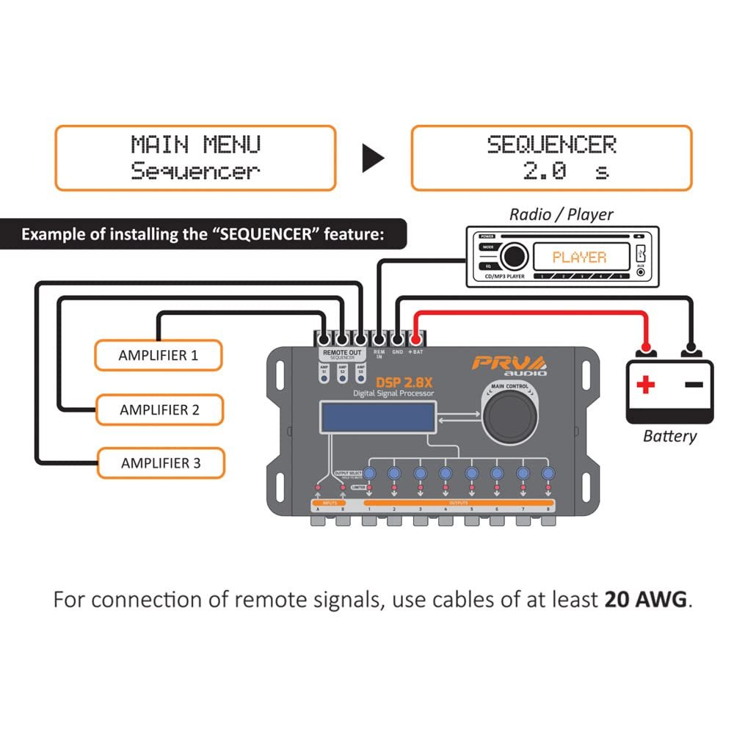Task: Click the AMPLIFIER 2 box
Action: [159, 410]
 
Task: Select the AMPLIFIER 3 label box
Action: [160, 463]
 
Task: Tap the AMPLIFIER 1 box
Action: [158, 356]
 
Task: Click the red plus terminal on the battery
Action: [645, 384]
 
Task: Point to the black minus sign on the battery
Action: [693, 384]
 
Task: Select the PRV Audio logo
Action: [508, 364]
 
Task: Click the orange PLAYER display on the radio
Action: [579, 257]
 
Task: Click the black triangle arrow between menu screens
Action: [373, 159]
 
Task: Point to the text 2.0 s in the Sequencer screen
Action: [565, 172]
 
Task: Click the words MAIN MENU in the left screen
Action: [195, 144]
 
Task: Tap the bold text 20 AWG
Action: [645, 600]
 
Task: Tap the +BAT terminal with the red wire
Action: [415, 339]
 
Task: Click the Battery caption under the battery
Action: [669, 436]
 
